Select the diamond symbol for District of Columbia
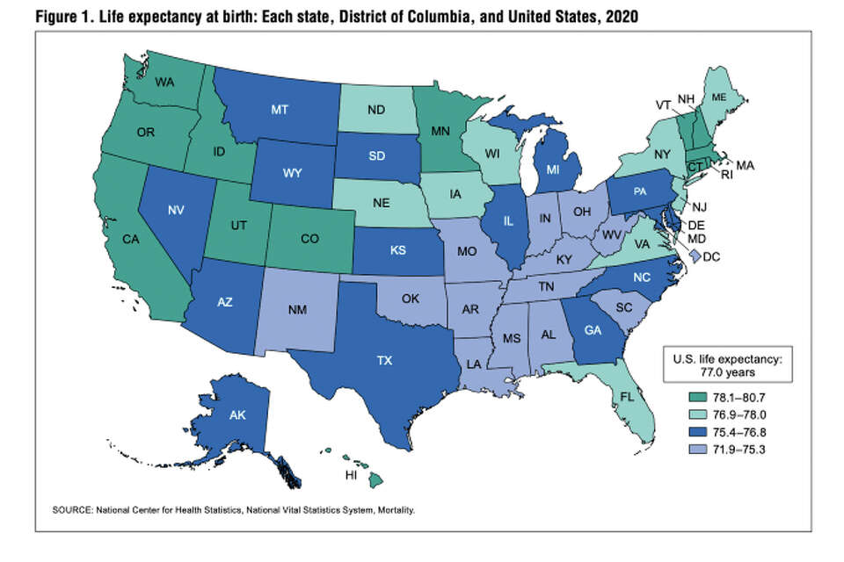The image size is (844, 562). [695, 256]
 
